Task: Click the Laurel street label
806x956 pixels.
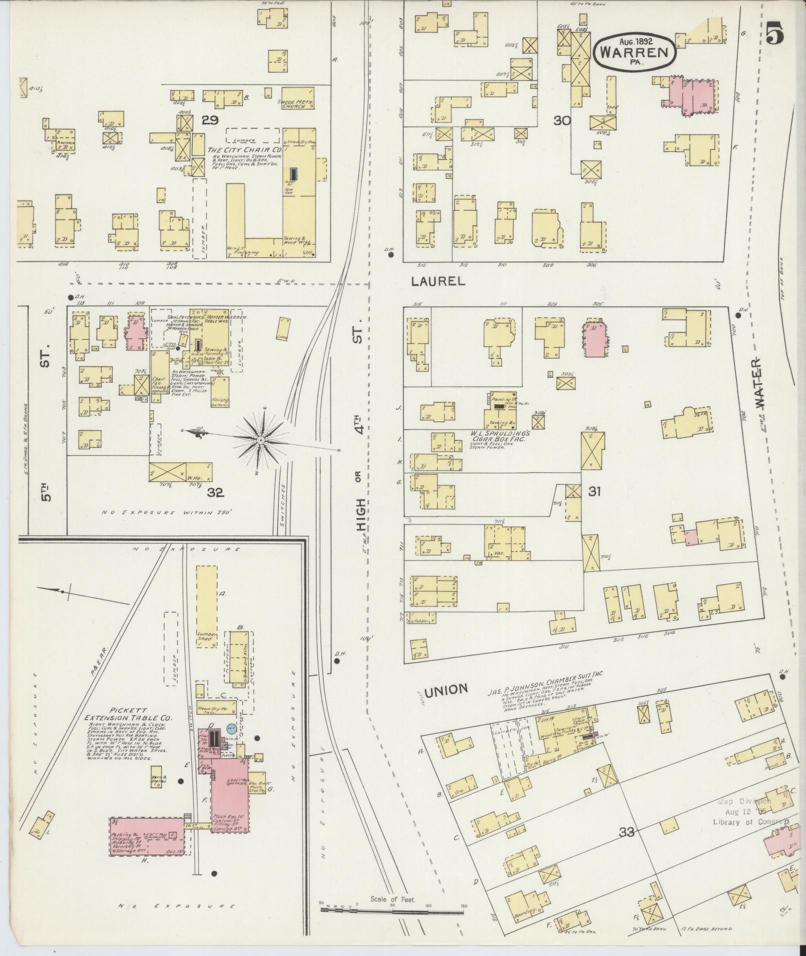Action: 438,281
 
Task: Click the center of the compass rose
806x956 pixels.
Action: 260,440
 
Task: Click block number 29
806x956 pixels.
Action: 211,120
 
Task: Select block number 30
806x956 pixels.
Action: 563,120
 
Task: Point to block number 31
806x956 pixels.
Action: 594,492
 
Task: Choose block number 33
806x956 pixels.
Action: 627,832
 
